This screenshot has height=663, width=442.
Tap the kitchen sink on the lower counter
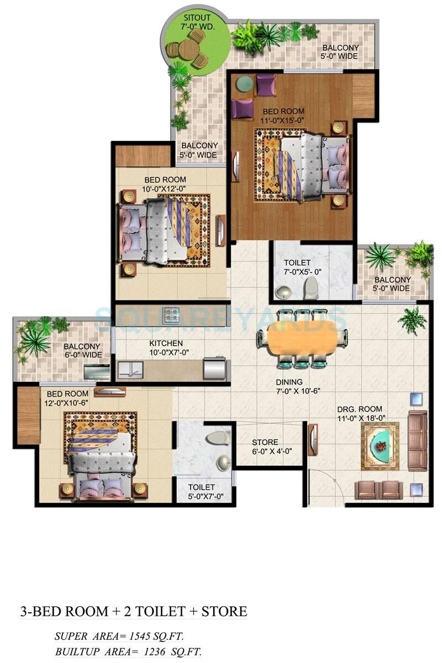(x=130, y=369)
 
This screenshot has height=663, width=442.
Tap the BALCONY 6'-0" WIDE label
(x=82, y=350)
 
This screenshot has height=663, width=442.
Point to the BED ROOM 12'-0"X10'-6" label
(x=70, y=398)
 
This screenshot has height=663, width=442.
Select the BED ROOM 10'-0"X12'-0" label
(x=165, y=184)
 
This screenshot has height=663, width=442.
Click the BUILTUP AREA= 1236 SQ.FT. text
(x=128, y=652)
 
